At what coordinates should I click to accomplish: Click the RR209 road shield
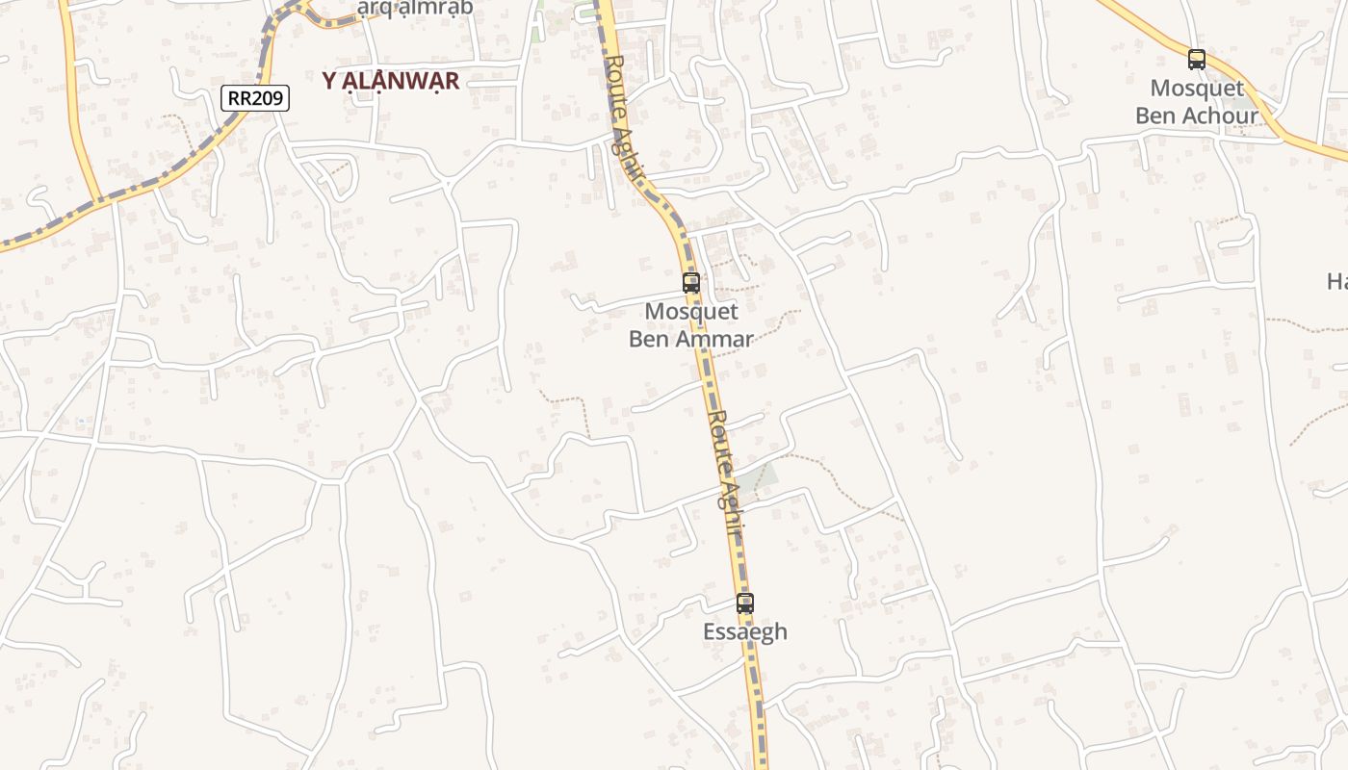(x=255, y=97)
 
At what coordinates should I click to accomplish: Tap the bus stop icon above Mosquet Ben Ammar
(x=691, y=283)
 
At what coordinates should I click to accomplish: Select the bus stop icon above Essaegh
(x=745, y=603)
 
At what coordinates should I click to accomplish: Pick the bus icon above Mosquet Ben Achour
(x=1197, y=60)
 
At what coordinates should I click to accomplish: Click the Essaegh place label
(x=745, y=632)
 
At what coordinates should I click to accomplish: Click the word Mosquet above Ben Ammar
(x=691, y=312)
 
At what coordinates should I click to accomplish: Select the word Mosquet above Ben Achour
(x=1197, y=89)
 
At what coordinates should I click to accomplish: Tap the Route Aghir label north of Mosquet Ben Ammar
(x=626, y=115)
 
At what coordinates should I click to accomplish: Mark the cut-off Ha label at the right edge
(x=1337, y=281)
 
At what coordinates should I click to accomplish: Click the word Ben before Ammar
(x=650, y=339)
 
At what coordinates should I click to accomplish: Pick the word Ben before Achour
(x=1156, y=116)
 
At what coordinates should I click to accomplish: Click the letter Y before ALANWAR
(x=329, y=81)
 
